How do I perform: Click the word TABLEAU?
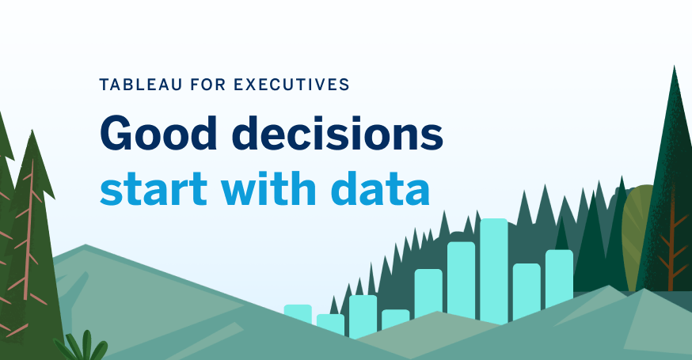click(140, 85)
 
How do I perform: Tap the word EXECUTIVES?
click(291, 85)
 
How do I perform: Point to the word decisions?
click(337, 133)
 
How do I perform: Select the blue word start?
click(154, 189)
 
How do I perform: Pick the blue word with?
click(268, 188)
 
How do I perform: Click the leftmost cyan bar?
click(298, 314)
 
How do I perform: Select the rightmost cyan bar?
click(559, 279)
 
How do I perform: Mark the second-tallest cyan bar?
click(461, 280)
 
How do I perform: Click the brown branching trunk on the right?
click(671, 247)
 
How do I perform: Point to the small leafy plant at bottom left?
click(82, 347)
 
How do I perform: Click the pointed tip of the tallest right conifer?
click(674, 66)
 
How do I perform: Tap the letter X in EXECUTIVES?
click(249, 85)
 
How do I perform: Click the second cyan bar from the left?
click(330, 324)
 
